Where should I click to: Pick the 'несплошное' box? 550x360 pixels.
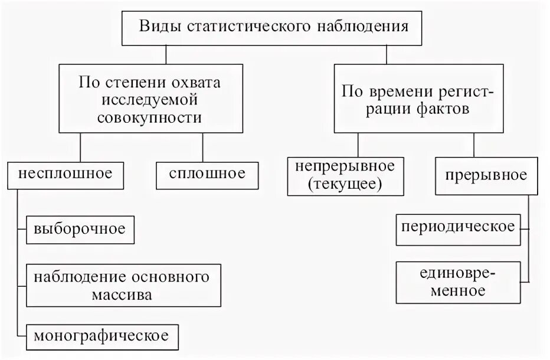coord(65,174)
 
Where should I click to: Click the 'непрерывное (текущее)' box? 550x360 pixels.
coord(346,175)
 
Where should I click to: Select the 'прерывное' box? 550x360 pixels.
coord(487,175)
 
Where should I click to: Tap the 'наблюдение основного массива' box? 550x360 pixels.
coord(122,284)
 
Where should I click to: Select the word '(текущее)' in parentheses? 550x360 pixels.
coord(346,184)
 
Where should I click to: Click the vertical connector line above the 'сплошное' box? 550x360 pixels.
coord(202,147)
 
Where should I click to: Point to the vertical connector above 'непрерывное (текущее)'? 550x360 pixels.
coord(358,145)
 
